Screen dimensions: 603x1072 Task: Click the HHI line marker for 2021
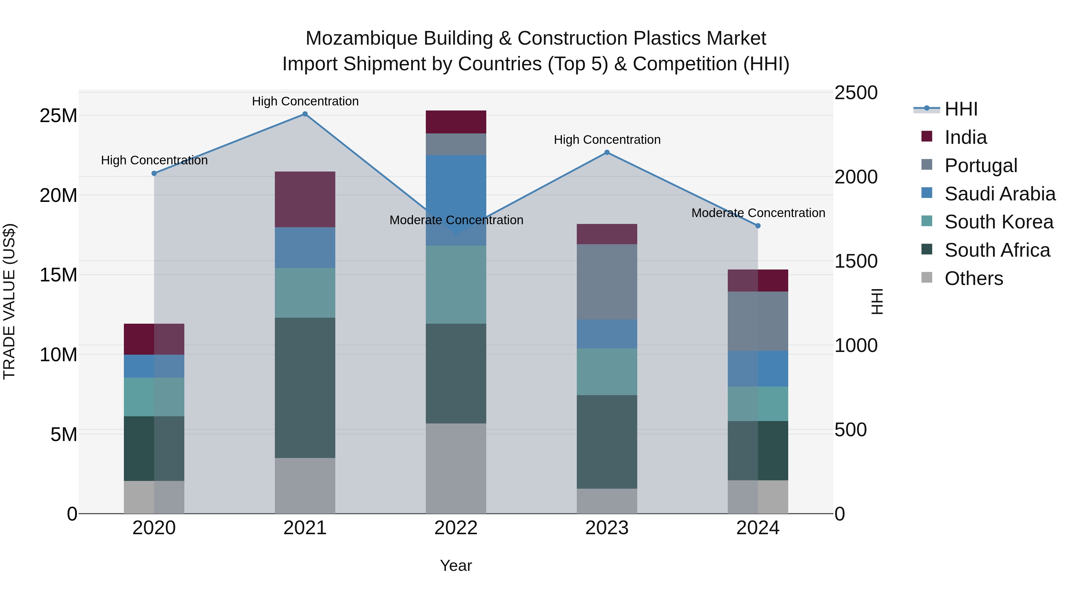[x=305, y=114]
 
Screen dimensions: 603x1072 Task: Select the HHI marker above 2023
[x=607, y=152]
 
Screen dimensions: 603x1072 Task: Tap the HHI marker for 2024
[x=758, y=225]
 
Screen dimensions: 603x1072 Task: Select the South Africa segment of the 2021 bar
[x=305, y=387]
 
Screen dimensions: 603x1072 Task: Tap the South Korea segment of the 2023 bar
[x=607, y=372]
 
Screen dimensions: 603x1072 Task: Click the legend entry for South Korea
[x=999, y=222]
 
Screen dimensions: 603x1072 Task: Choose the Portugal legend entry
[x=981, y=165]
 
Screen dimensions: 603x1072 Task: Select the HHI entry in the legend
[x=961, y=109]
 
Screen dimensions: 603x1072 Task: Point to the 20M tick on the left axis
[x=58, y=195]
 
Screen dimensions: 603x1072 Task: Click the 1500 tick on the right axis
[x=856, y=261]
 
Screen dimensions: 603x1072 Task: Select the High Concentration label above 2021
[x=305, y=101]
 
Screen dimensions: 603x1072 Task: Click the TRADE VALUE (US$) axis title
[x=9, y=301]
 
